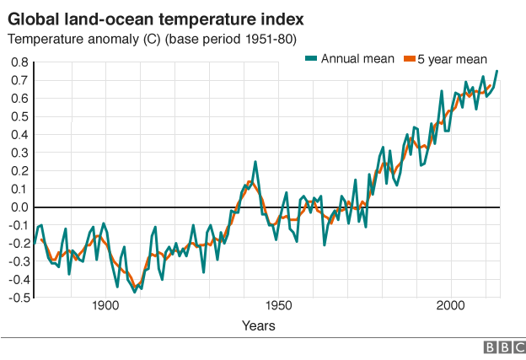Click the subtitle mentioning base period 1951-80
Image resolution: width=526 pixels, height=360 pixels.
152,40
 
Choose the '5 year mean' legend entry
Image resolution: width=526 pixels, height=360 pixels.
454,58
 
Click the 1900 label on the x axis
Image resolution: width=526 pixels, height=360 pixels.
105,305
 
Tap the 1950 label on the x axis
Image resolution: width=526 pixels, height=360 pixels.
277,305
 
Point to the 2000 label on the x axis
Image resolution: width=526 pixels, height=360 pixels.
450,305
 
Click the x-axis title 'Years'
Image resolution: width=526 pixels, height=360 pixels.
257,325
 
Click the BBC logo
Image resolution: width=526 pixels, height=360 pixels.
502,347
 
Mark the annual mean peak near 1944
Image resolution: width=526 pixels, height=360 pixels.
255,162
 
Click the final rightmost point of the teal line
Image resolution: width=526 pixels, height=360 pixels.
497,71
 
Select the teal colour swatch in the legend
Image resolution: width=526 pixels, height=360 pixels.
311,58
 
